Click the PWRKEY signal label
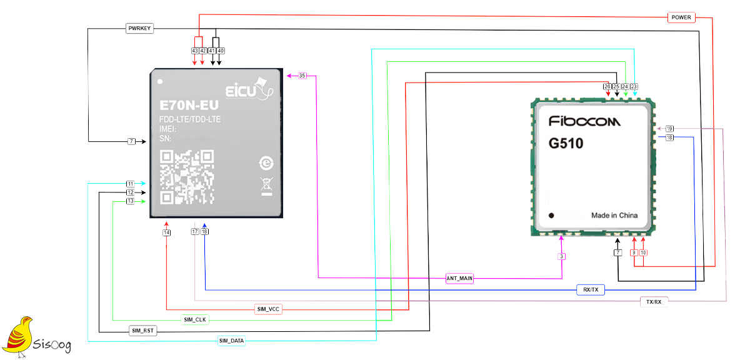(139, 29)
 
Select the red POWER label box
(681, 17)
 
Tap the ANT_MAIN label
(459, 278)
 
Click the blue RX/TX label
(591, 289)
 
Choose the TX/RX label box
(654, 302)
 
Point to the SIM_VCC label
(268, 309)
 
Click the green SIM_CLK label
(195, 320)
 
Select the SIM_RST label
(143, 331)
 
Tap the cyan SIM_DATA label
(231, 341)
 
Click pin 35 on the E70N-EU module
(302, 76)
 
